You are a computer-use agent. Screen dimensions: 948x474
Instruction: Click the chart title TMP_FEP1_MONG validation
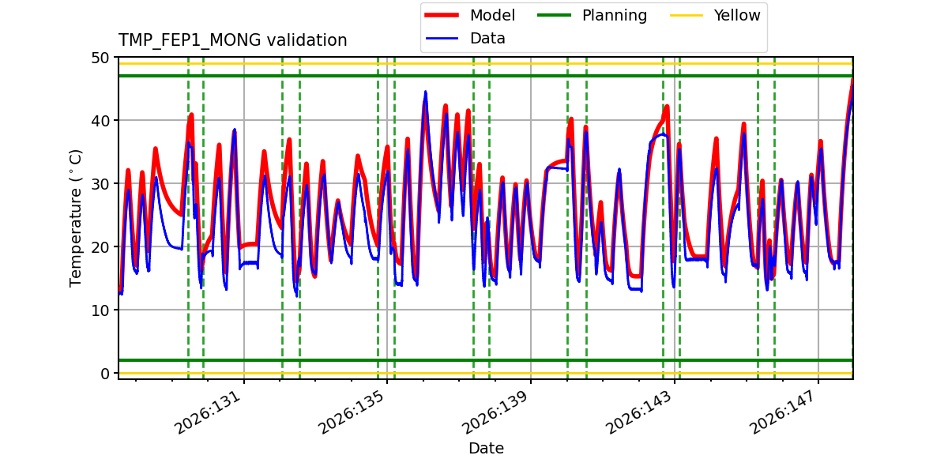[232, 40]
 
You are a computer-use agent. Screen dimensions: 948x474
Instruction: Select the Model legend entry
[470, 15]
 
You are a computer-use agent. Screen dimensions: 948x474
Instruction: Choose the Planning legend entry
[592, 15]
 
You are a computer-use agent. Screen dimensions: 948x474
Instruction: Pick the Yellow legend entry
[715, 15]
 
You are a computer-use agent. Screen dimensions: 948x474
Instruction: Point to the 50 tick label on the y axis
[100, 58]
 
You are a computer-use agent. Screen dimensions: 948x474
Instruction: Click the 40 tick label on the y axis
[100, 121]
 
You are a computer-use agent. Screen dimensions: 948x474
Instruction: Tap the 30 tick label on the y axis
[100, 184]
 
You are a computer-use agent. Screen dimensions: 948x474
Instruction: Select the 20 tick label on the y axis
[100, 247]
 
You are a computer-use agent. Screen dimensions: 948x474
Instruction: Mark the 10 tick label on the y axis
[100, 310]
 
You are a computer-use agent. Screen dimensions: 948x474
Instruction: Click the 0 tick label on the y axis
[105, 374]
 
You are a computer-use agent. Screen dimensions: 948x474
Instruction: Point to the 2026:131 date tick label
[208, 412]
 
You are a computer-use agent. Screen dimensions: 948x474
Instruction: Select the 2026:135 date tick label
[352, 412]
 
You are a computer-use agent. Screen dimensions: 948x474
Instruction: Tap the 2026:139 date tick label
[495, 412]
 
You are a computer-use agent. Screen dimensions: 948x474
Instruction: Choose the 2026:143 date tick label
[638, 412]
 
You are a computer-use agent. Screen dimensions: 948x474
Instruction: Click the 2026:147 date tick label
[782, 412]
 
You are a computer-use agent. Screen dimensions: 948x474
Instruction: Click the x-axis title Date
[486, 448]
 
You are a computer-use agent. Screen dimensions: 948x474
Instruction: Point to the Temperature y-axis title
[75, 218]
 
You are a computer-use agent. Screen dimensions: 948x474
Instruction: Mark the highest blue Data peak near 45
[425, 92]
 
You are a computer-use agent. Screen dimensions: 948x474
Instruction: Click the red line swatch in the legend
[442, 15]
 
